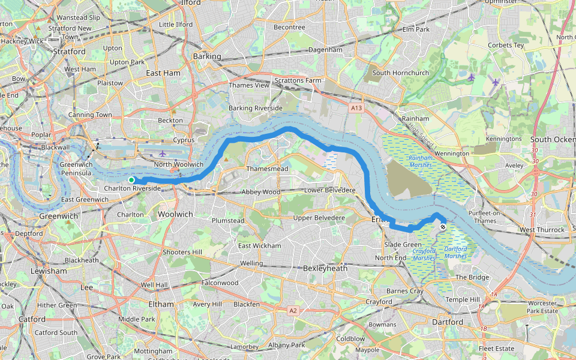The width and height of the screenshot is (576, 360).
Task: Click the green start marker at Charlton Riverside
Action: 131,179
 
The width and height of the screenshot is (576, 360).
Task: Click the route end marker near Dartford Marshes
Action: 443,227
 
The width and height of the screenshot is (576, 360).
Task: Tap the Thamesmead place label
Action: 267,169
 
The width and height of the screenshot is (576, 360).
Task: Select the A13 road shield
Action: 356,108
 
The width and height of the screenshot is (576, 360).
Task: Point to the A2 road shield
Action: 293,311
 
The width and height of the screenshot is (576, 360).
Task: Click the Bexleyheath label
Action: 325,268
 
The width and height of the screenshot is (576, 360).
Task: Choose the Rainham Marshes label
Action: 421,161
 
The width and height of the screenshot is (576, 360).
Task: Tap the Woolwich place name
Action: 175,214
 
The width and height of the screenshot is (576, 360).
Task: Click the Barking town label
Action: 207,56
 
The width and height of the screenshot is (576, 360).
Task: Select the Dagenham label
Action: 325,50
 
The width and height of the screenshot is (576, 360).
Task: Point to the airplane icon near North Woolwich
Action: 163,154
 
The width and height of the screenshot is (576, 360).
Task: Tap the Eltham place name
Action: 161,304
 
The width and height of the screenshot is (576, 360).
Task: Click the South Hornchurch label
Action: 400,73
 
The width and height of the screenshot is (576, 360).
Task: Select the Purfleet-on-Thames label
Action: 485,217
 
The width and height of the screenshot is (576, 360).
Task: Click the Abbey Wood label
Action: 260,192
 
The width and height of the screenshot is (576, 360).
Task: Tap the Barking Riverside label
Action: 255,108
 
